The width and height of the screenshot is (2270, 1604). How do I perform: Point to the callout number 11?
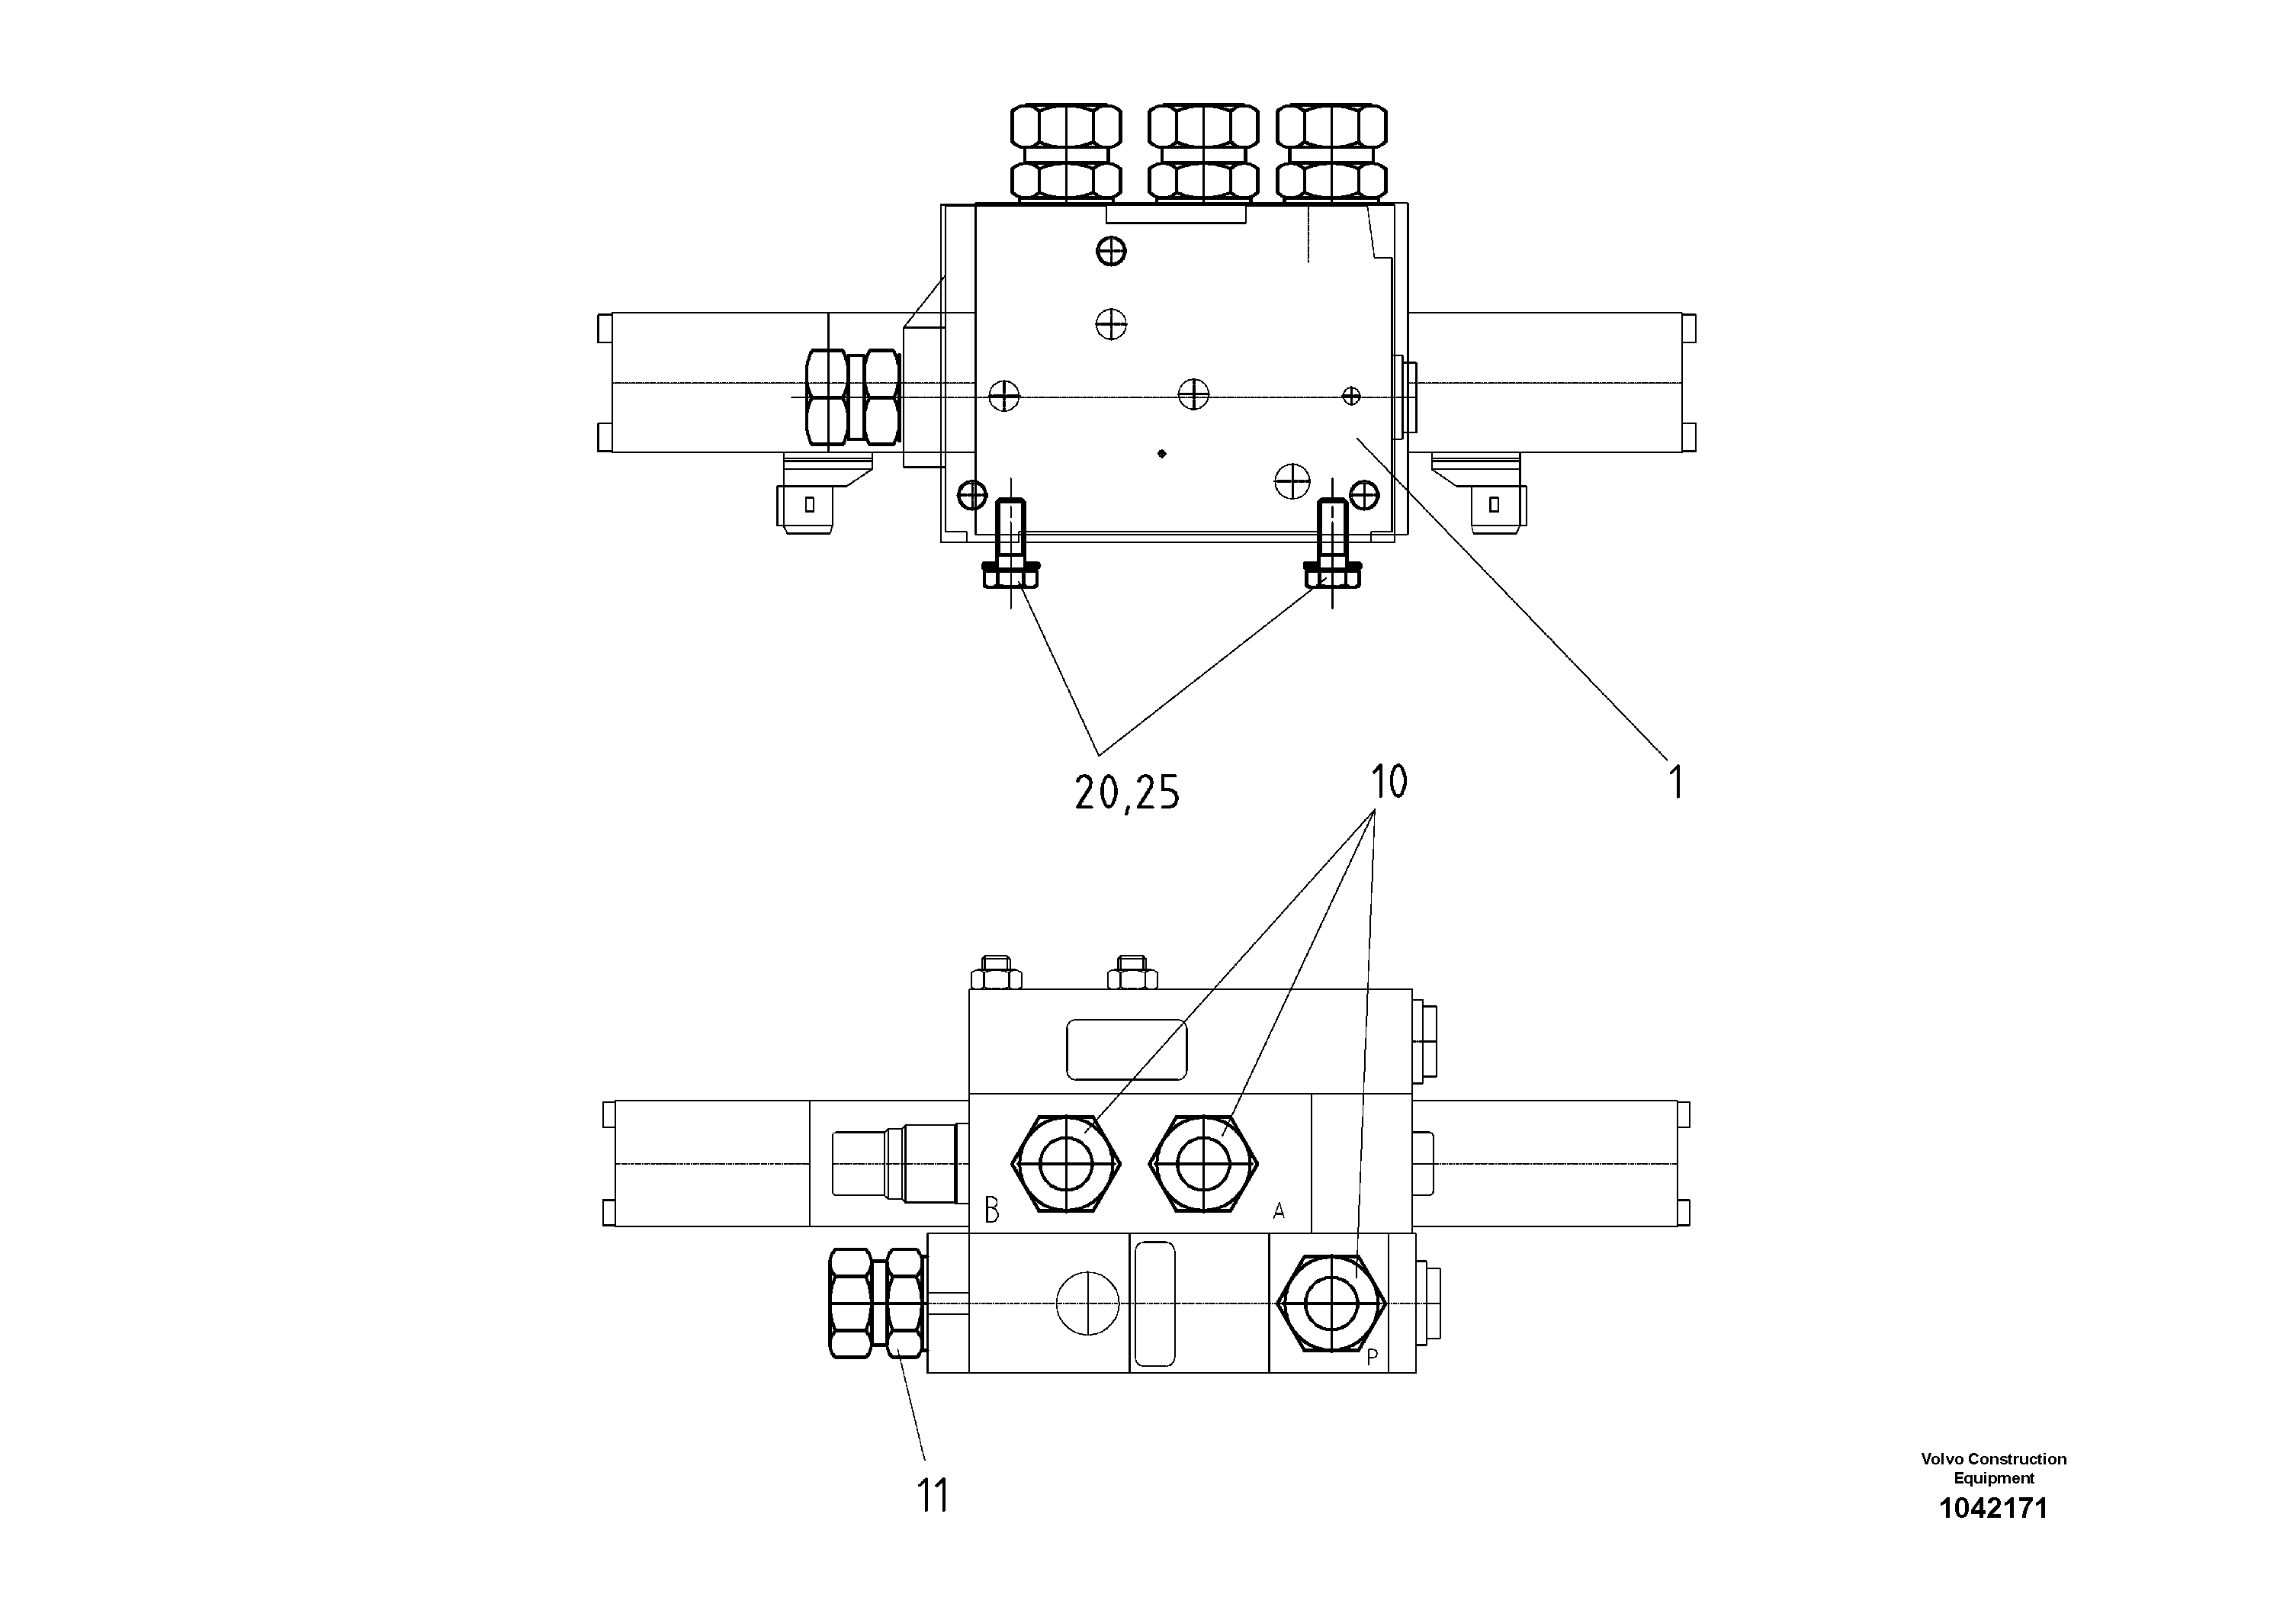tap(933, 1495)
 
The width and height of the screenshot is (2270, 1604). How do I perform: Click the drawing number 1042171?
tap(1993, 1508)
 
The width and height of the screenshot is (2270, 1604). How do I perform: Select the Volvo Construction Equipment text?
tap(1993, 1468)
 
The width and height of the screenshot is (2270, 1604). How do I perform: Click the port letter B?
tap(991, 1210)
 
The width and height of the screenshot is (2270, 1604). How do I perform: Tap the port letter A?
tap(1279, 1210)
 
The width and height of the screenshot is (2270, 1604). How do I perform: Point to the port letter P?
tap(1373, 1358)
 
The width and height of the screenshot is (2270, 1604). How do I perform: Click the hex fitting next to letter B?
tap(1067, 1163)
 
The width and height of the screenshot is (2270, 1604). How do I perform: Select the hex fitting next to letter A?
tap(1203, 1163)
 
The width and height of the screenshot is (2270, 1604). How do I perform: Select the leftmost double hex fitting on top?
tap(1066, 153)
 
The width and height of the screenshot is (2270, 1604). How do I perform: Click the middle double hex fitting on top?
tap(1203, 153)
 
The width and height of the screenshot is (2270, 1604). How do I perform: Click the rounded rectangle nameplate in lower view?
tap(1125, 1050)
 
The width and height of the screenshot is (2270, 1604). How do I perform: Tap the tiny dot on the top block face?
tap(1162, 454)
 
